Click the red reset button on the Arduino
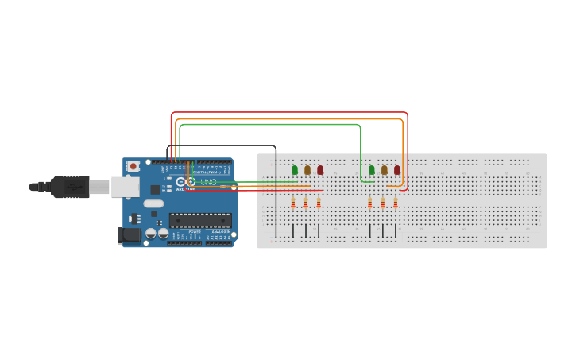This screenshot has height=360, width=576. pyautogui.click(x=133, y=166)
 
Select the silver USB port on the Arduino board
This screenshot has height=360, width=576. pyautogui.click(x=125, y=187)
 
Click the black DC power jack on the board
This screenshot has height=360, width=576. pyautogui.click(x=130, y=235)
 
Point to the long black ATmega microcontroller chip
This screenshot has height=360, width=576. pyautogui.click(x=200, y=220)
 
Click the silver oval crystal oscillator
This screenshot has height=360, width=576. pyautogui.click(x=153, y=203)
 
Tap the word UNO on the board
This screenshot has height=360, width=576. pyautogui.click(x=208, y=182)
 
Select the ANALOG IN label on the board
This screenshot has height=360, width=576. pyautogui.click(x=218, y=231)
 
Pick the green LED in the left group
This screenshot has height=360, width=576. pyautogui.click(x=295, y=169)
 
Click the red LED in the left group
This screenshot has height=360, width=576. pyautogui.click(x=320, y=169)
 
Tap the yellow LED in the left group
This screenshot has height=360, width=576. pyautogui.click(x=307, y=169)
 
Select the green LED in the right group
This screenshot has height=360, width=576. pyautogui.click(x=371, y=169)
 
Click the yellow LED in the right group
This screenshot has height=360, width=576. pyautogui.click(x=385, y=169)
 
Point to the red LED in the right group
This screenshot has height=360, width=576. pyautogui.click(x=397, y=169)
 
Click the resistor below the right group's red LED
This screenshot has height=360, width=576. pyautogui.click(x=395, y=203)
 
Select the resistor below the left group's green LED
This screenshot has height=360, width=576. pyautogui.click(x=292, y=203)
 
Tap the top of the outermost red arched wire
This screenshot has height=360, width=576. pyautogui.click(x=290, y=113)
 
